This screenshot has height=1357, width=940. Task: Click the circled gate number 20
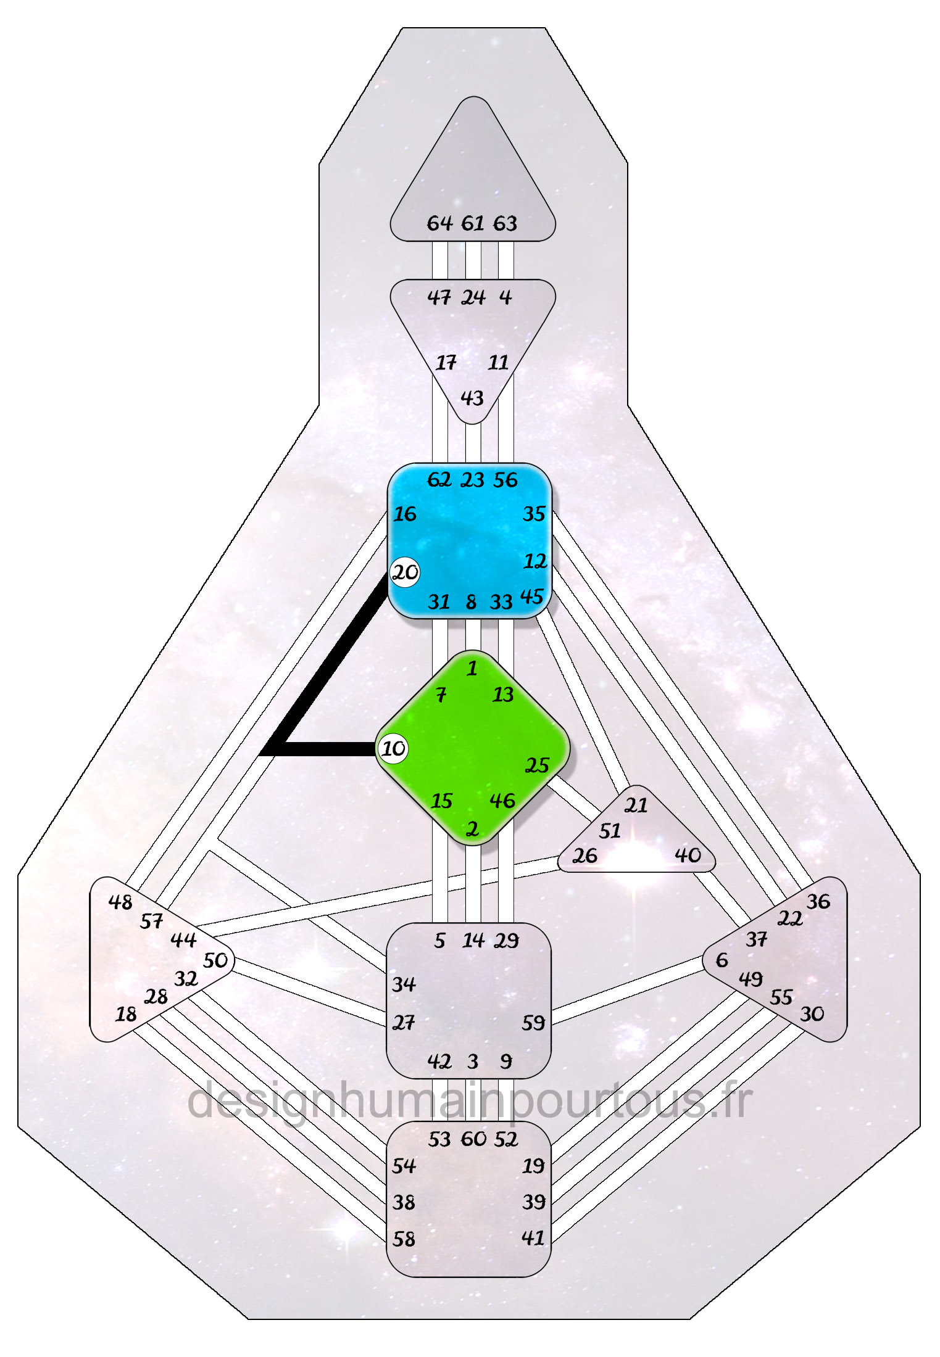405,572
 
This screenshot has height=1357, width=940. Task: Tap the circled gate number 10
393,748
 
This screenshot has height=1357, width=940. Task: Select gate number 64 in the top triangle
439,223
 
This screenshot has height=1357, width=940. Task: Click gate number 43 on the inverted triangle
472,398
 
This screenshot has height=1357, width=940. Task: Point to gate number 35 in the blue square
534,513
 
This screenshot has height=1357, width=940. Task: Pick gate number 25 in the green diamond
536,765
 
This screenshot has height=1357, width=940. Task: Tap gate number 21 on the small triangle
636,805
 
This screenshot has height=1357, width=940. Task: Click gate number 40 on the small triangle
688,855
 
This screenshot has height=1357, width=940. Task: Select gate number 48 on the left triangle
120,902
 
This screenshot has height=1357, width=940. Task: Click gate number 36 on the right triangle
818,901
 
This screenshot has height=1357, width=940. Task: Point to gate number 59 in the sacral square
533,1023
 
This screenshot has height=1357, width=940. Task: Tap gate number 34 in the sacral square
404,984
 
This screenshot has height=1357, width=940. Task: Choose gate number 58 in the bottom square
404,1239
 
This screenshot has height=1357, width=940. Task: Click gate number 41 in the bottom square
533,1237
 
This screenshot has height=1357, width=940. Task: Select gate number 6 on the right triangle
722,960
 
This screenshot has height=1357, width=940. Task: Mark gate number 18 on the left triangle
126,1013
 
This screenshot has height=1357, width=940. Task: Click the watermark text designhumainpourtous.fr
469,1101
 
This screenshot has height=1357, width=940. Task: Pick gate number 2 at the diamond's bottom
472,828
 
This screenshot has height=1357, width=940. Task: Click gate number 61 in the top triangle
473,223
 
